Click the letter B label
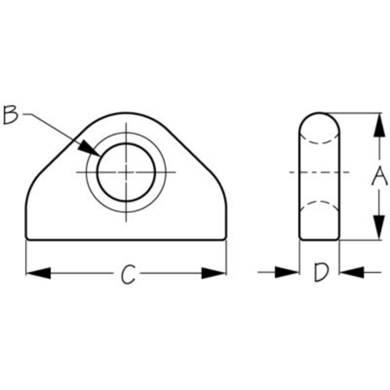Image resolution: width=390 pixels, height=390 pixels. tap(10, 115)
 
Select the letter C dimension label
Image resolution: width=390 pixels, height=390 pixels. tap(128, 274)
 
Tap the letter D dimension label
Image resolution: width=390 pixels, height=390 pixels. tap(321, 273)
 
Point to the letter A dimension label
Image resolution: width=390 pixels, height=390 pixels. tap(379, 176)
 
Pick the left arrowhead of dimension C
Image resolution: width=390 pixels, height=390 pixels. tap(39, 273)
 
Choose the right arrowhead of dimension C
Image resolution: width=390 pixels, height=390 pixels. tap(214, 273)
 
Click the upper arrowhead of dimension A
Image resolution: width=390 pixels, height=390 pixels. tap(379, 125)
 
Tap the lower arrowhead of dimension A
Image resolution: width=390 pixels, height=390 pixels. tap(379, 228)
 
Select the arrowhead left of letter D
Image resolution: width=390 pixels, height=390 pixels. tap(287, 273)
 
